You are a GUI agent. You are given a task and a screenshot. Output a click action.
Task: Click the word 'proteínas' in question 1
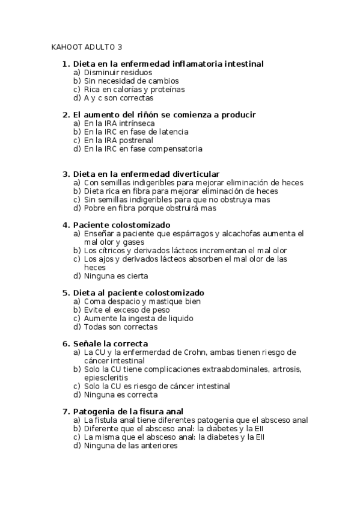pos(166,89)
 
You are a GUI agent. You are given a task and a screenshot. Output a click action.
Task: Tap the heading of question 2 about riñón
pos(156,114)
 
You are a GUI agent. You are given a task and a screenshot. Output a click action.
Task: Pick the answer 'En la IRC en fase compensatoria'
pos(143,149)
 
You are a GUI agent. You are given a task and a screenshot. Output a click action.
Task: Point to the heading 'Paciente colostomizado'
pos(121,225)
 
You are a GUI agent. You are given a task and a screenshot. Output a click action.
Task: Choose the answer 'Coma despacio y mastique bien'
pos(142,301)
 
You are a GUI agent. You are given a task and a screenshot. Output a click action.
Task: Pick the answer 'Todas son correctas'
pos(120,327)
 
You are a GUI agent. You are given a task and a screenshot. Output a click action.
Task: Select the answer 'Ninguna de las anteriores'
pos(130,446)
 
